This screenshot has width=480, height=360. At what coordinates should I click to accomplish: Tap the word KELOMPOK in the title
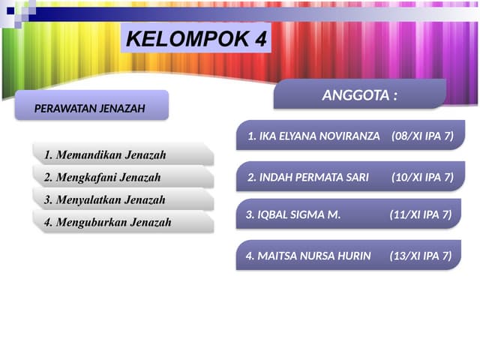point(189,40)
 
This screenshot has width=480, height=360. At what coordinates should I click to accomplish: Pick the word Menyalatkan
point(91,200)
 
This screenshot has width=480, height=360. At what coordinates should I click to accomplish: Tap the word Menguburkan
point(93,222)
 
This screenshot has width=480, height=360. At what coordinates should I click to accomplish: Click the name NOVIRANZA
point(349,137)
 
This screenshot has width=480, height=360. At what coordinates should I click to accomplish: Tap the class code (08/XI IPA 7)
point(423,137)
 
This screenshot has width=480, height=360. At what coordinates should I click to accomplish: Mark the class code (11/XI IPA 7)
point(421,214)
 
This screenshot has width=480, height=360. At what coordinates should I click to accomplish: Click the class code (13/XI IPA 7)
point(421,256)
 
